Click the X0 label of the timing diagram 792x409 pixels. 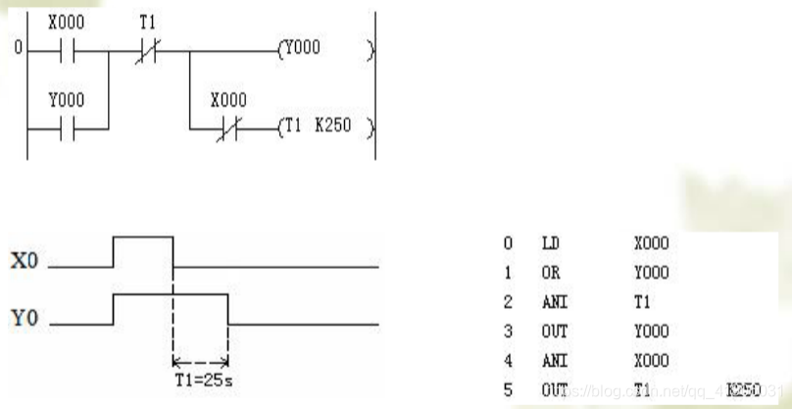(25, 263)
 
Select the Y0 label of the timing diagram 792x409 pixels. (25, 320)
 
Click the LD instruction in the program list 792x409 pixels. (550, 243)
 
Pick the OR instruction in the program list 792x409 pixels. (550, 273)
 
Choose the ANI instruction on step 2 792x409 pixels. (553, 303)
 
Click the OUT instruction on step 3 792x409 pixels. (554, 332)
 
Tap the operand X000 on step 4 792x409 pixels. (652, 362)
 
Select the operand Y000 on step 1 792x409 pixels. (652, 273)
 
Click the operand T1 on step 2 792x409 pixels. (642, 303)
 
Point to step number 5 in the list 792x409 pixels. (508, 391)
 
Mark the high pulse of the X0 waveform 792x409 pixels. (143, 236)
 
